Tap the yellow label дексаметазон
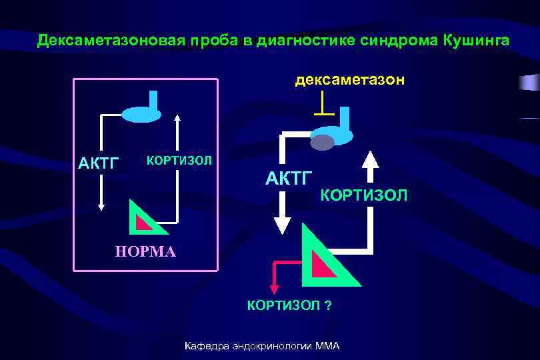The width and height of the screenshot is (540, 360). pyautogui.click(x=349, y=81)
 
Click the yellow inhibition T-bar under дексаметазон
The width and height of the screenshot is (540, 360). pyautogui.click(x=323, y=104)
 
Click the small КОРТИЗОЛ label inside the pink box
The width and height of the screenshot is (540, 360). pyautogui.click(x=179, y=161)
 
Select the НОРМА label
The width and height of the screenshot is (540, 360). pyautogui.click(x=146, y=252)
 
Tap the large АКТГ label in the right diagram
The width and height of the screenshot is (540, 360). pyautogui.click(x=289, y=178)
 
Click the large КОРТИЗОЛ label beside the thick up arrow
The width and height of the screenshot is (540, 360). pyautogui.click(x=364, y=195)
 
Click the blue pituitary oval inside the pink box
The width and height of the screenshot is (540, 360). pyautogui.click(x=141, y=114)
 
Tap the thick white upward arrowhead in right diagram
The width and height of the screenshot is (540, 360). pyautogui.click(x=370, y=158)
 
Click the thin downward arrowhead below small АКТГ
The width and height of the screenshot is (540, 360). pyautogui.click(x=101, y=207)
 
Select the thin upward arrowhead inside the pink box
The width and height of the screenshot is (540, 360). pyautogui.click(x=177, y=119)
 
